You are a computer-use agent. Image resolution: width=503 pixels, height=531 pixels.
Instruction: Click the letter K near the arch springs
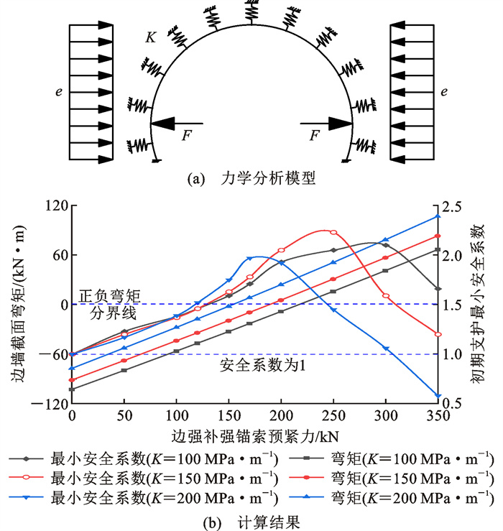150,37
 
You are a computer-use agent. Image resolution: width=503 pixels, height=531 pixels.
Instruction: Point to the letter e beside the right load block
444,92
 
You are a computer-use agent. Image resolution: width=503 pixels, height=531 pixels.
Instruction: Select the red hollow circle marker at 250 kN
333,232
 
